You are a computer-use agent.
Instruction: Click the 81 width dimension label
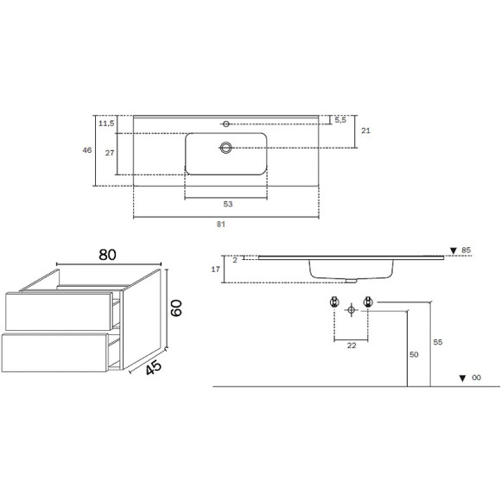tap(221, 225)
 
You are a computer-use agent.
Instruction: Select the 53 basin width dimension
tap(228, 204)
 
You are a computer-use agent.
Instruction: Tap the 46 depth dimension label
tap(87, 149)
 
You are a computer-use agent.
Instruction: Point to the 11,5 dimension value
tap(106, 123)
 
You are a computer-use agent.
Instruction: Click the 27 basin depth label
tap(110, 153)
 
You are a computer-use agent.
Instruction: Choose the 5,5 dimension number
tap(340, 120)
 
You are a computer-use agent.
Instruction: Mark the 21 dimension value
tap(365, 130)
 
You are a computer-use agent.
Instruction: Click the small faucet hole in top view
tap(226, 124)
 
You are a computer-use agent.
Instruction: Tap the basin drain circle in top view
tap(226, 148)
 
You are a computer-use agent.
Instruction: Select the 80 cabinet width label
tap(107, 255)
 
